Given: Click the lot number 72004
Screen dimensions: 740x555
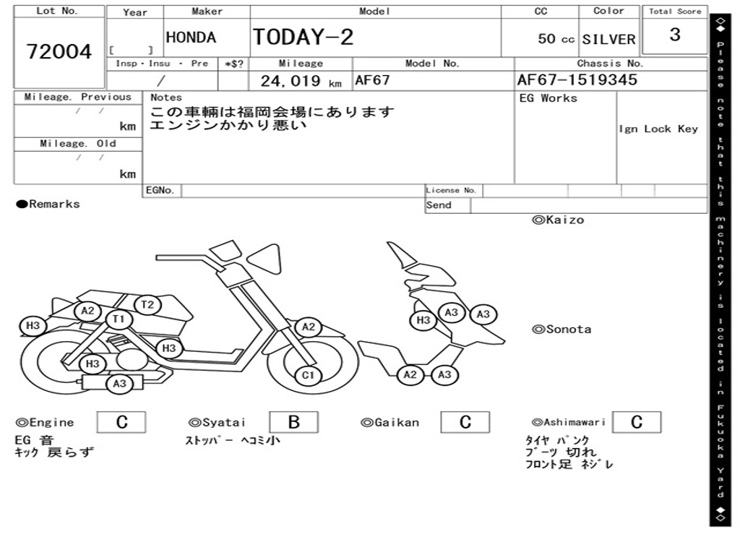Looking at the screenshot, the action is point(59,51).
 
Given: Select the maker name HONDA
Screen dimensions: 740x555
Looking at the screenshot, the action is point(191,38).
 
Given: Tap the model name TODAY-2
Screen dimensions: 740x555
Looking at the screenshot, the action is point(303,37).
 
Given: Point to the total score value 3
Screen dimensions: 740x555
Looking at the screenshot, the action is point(675,35).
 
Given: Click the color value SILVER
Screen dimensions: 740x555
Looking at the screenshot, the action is point(608,39).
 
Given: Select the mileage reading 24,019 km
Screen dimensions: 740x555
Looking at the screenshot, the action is point(301,81).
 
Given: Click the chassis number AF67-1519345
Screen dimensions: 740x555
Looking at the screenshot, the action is point(577,79).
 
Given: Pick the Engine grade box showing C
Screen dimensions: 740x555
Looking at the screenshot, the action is point(121,422).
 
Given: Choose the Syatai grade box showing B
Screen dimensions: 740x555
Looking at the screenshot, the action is point(293,422).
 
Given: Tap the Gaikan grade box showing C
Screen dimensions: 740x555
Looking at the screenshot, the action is point(465,422).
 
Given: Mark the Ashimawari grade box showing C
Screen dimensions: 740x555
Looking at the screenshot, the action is point(637,422).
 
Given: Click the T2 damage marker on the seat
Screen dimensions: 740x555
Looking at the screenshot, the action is point(147,305).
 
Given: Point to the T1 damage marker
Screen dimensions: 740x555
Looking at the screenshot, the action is point(119,319).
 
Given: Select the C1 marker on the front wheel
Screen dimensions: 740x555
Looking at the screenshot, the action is point(308,376).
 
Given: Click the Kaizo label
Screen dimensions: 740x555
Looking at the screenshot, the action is point(559,220).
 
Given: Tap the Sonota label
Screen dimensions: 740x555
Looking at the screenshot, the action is point(562,330).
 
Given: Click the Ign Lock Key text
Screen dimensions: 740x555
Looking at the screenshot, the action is point(658,129).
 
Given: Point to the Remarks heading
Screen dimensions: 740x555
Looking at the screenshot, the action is point(48,204).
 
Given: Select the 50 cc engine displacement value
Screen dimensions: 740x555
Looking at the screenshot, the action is point(556,39).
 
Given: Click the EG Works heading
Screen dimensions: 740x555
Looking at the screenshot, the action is point(548,98).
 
